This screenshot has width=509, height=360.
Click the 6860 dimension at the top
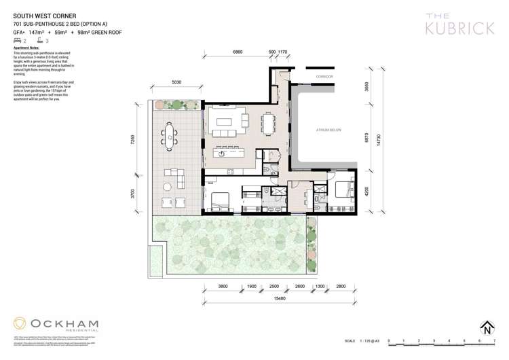pyautogui.click(x=238, y=52)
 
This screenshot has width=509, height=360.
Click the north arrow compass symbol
pyautogui.click(x=487, y=329)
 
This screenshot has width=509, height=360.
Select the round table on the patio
pyautogui.click(x=166, y=185)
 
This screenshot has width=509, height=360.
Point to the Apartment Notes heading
pyautogui.click(x=26, y=48)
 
